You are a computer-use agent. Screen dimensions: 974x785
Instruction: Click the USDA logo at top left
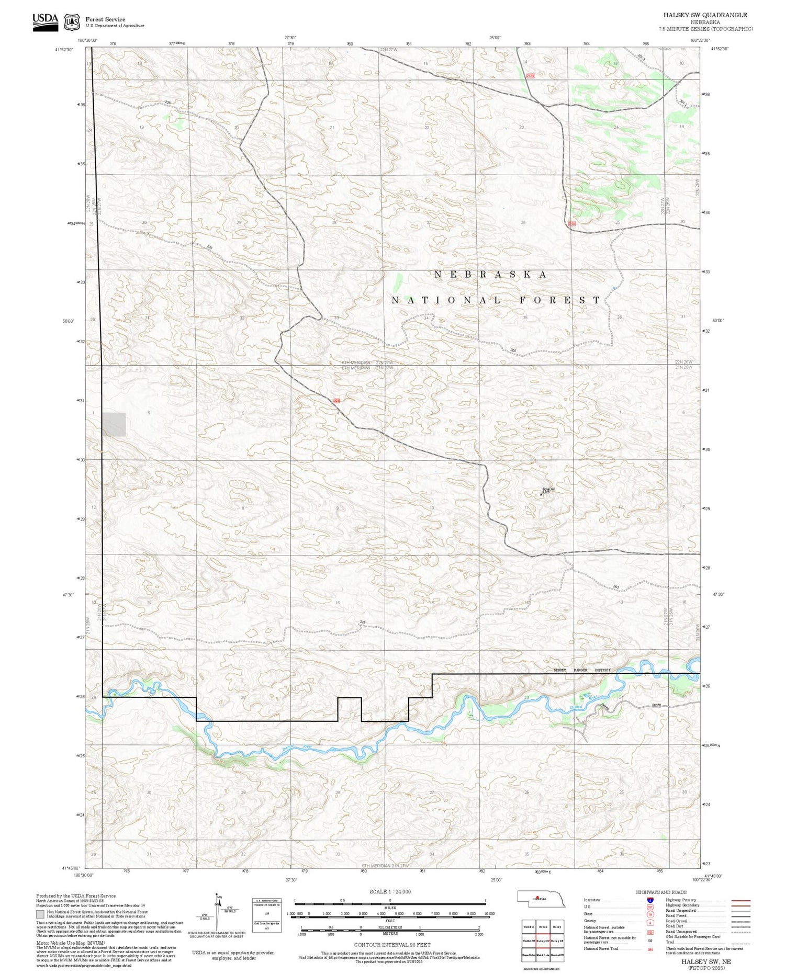tap(45, 21)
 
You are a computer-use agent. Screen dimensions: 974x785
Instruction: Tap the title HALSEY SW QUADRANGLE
tap(705, 15)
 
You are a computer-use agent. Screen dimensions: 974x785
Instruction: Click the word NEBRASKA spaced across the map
tap(490, 275)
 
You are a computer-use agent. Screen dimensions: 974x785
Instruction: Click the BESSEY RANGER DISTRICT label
tap(582, 670)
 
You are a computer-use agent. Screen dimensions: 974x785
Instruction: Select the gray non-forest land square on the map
tap(114, 424)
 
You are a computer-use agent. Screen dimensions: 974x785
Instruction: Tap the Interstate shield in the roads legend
tap(650, 900)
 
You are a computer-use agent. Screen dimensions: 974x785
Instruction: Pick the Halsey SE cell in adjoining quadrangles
tap(558, 941)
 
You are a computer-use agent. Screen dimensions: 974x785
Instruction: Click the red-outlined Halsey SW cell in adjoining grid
tap(543, 941)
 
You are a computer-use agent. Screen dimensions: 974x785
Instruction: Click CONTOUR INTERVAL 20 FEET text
tap(392, 945)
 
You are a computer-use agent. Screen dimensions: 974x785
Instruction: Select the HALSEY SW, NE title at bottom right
tap(705, 961)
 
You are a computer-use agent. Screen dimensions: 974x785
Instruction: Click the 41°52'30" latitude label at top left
tap(64, 50)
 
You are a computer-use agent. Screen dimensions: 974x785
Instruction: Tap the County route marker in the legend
tap(650, 921)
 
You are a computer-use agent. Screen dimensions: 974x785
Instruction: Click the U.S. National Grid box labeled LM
tap(267, 912)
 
